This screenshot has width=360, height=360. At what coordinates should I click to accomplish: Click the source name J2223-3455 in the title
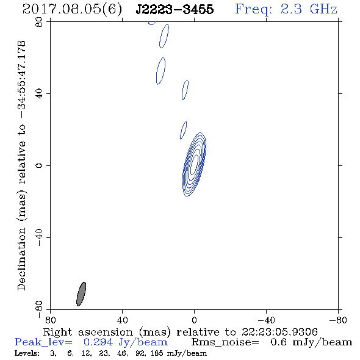click(175, 9)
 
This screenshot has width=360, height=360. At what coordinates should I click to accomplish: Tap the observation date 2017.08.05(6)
click(72, 9)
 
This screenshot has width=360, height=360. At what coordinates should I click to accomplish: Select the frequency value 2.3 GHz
click(309, 9)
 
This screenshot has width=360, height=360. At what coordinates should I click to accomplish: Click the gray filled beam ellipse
click(81, 294)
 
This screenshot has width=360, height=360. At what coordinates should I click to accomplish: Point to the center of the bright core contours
click(194, 164)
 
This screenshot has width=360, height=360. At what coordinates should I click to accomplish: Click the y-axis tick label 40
click(39, 94)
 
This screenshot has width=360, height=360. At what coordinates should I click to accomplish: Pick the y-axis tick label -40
click(39, 237)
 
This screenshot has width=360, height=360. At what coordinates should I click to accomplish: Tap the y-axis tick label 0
click(39, 165)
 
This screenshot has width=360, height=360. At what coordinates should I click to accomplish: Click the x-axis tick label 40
click(122, 320)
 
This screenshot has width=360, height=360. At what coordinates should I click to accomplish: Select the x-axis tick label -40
click(266, 320)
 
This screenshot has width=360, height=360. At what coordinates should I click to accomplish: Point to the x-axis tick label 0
click(194, 320)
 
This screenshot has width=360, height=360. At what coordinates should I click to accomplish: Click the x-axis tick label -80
click(338, 320)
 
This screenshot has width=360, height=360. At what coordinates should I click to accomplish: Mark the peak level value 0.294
click(98, 342)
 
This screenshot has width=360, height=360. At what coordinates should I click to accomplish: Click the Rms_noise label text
click(225, 342)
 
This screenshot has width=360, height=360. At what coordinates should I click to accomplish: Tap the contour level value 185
click(157, 353)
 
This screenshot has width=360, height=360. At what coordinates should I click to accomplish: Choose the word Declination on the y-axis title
click(21, 259)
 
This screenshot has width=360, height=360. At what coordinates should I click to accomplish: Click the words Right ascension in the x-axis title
click(88, 333)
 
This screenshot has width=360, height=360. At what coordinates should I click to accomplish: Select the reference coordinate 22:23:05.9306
click(279, 332)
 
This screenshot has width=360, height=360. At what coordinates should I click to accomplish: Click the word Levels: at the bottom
click(27, 353)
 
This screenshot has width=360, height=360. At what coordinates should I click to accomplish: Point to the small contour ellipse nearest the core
click(183, 130)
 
